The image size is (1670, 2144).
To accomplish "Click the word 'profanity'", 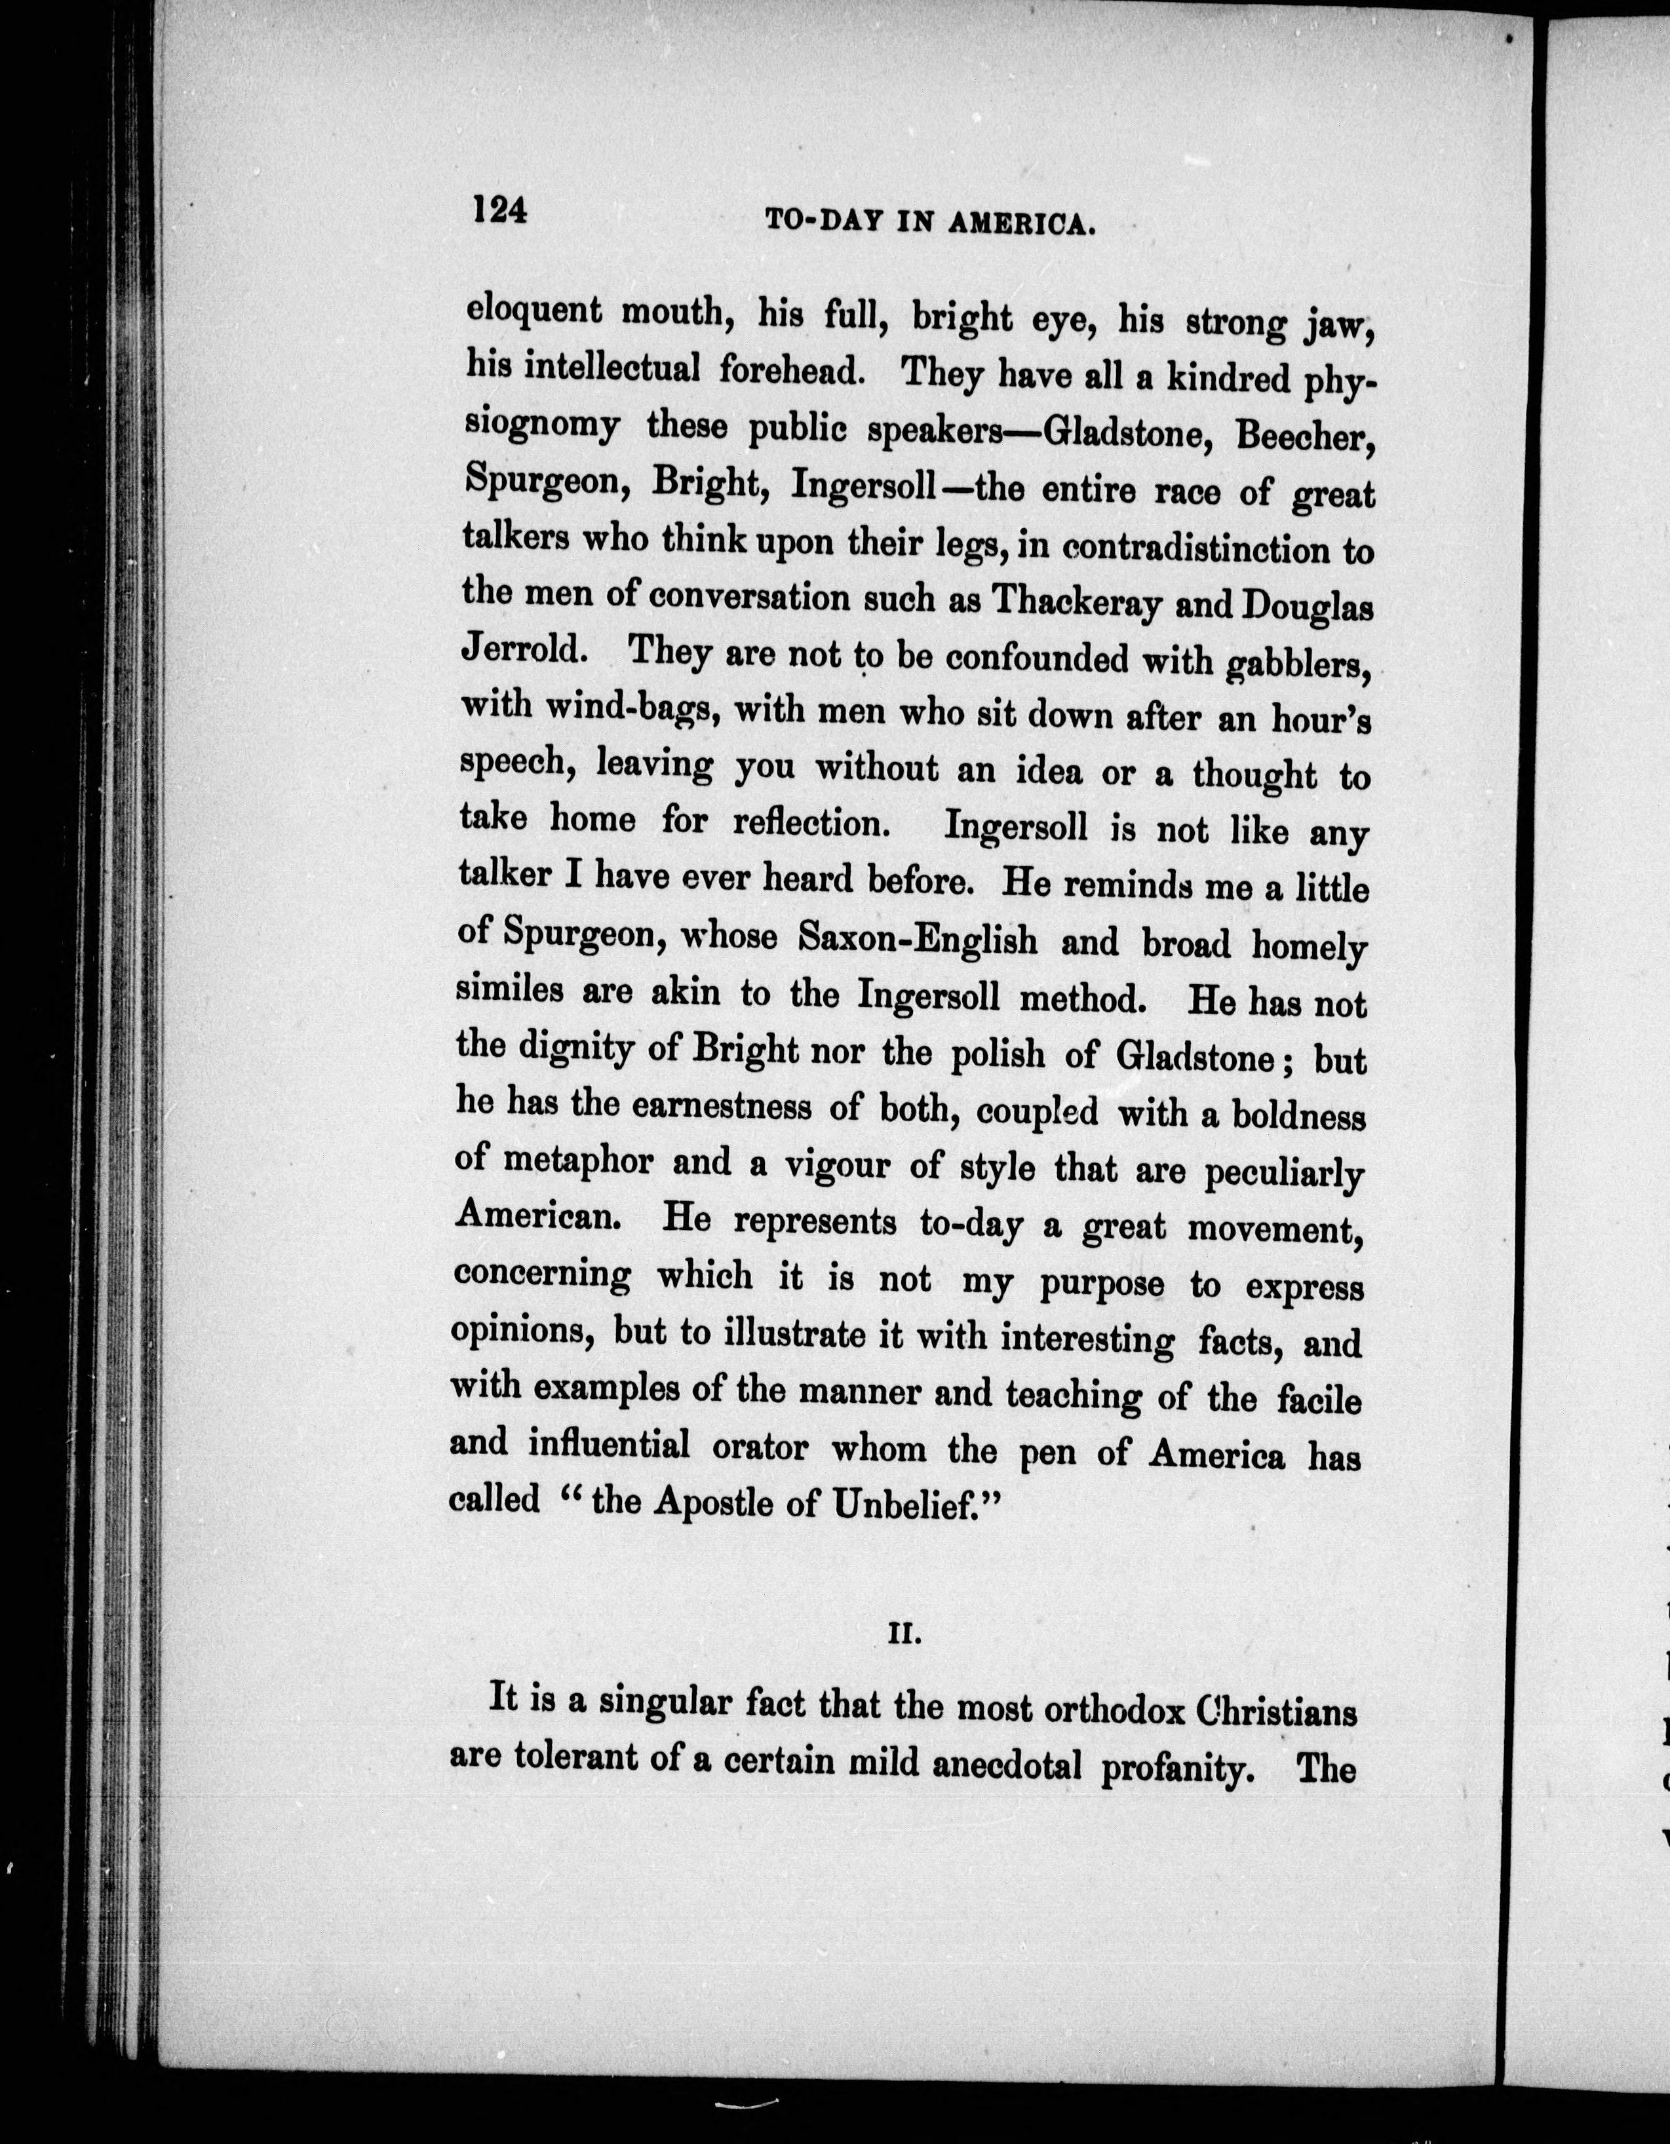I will pos(1181,1768).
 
